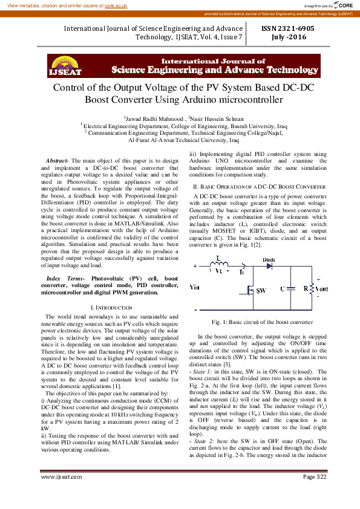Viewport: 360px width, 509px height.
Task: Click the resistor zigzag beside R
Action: coord(313,289)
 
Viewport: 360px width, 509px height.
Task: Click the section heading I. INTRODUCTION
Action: coord(108,308)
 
